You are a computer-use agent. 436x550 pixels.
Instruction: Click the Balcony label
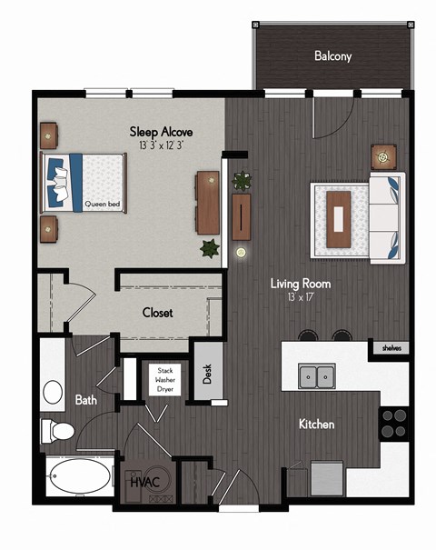332,56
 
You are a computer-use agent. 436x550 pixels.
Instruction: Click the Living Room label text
300,284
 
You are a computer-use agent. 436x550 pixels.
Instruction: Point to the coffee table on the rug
340,218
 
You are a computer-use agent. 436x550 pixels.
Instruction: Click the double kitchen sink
316,375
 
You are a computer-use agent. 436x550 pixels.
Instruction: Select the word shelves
391,347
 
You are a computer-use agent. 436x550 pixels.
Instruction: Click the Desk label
207,373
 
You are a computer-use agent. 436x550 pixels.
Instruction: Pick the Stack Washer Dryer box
165,380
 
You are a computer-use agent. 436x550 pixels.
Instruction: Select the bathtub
78,475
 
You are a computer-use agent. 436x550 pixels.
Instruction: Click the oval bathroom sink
54,391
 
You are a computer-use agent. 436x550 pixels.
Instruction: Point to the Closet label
157,313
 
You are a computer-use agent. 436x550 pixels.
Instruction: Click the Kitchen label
316,425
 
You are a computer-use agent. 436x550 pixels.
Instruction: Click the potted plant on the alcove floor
210,246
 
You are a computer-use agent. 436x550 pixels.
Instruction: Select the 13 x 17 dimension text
300,297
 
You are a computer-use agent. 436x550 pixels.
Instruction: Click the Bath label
86,399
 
